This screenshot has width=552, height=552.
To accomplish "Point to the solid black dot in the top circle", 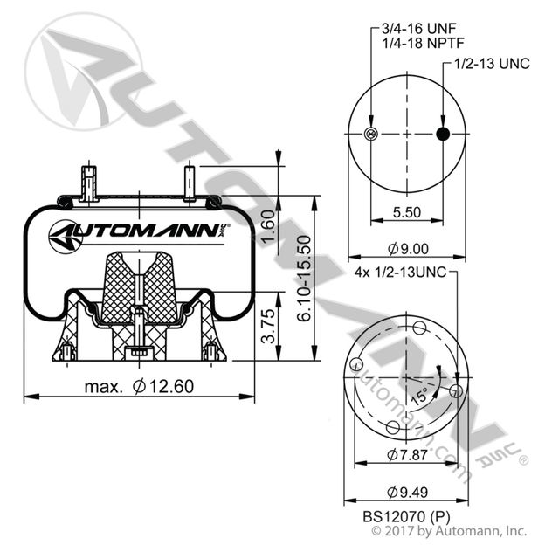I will click(443, 134).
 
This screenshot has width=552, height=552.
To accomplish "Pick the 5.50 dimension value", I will click(407, 211).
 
